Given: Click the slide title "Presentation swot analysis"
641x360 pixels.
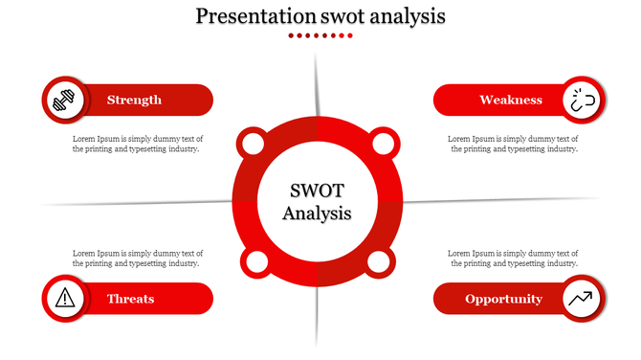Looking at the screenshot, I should pos(320,16).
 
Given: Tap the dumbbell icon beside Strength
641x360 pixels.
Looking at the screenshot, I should pos(64,100).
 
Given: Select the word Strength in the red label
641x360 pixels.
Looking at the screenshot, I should pos(134,100).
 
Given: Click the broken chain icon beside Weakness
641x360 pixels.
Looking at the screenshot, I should pos(582,100).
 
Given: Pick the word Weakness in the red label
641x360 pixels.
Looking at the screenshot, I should pos(511,100).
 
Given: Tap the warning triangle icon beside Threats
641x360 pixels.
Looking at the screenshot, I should pos(64,298).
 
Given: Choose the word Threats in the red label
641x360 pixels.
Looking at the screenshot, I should pos(131,299).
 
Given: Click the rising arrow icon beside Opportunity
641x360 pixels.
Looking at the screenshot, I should pos(581,298).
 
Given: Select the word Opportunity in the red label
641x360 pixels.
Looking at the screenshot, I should pos(503,299).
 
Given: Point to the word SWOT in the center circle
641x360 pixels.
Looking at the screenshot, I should pos(318,190).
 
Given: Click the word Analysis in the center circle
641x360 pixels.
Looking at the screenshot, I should pos(318,213).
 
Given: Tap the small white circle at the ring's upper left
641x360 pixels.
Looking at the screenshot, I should pos(253,145).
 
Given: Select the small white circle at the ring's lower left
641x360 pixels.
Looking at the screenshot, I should pos(255,262).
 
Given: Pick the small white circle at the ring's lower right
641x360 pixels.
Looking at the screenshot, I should pos(379,261).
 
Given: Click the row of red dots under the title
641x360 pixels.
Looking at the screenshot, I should pos(320,35).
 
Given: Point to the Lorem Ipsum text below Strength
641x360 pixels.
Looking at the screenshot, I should pos(137,144).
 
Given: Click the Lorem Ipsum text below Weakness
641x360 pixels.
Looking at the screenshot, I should pos(513,144).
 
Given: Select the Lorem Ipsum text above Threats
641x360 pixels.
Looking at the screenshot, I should pos(137,258).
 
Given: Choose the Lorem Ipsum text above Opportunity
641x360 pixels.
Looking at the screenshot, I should pos(513,258).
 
